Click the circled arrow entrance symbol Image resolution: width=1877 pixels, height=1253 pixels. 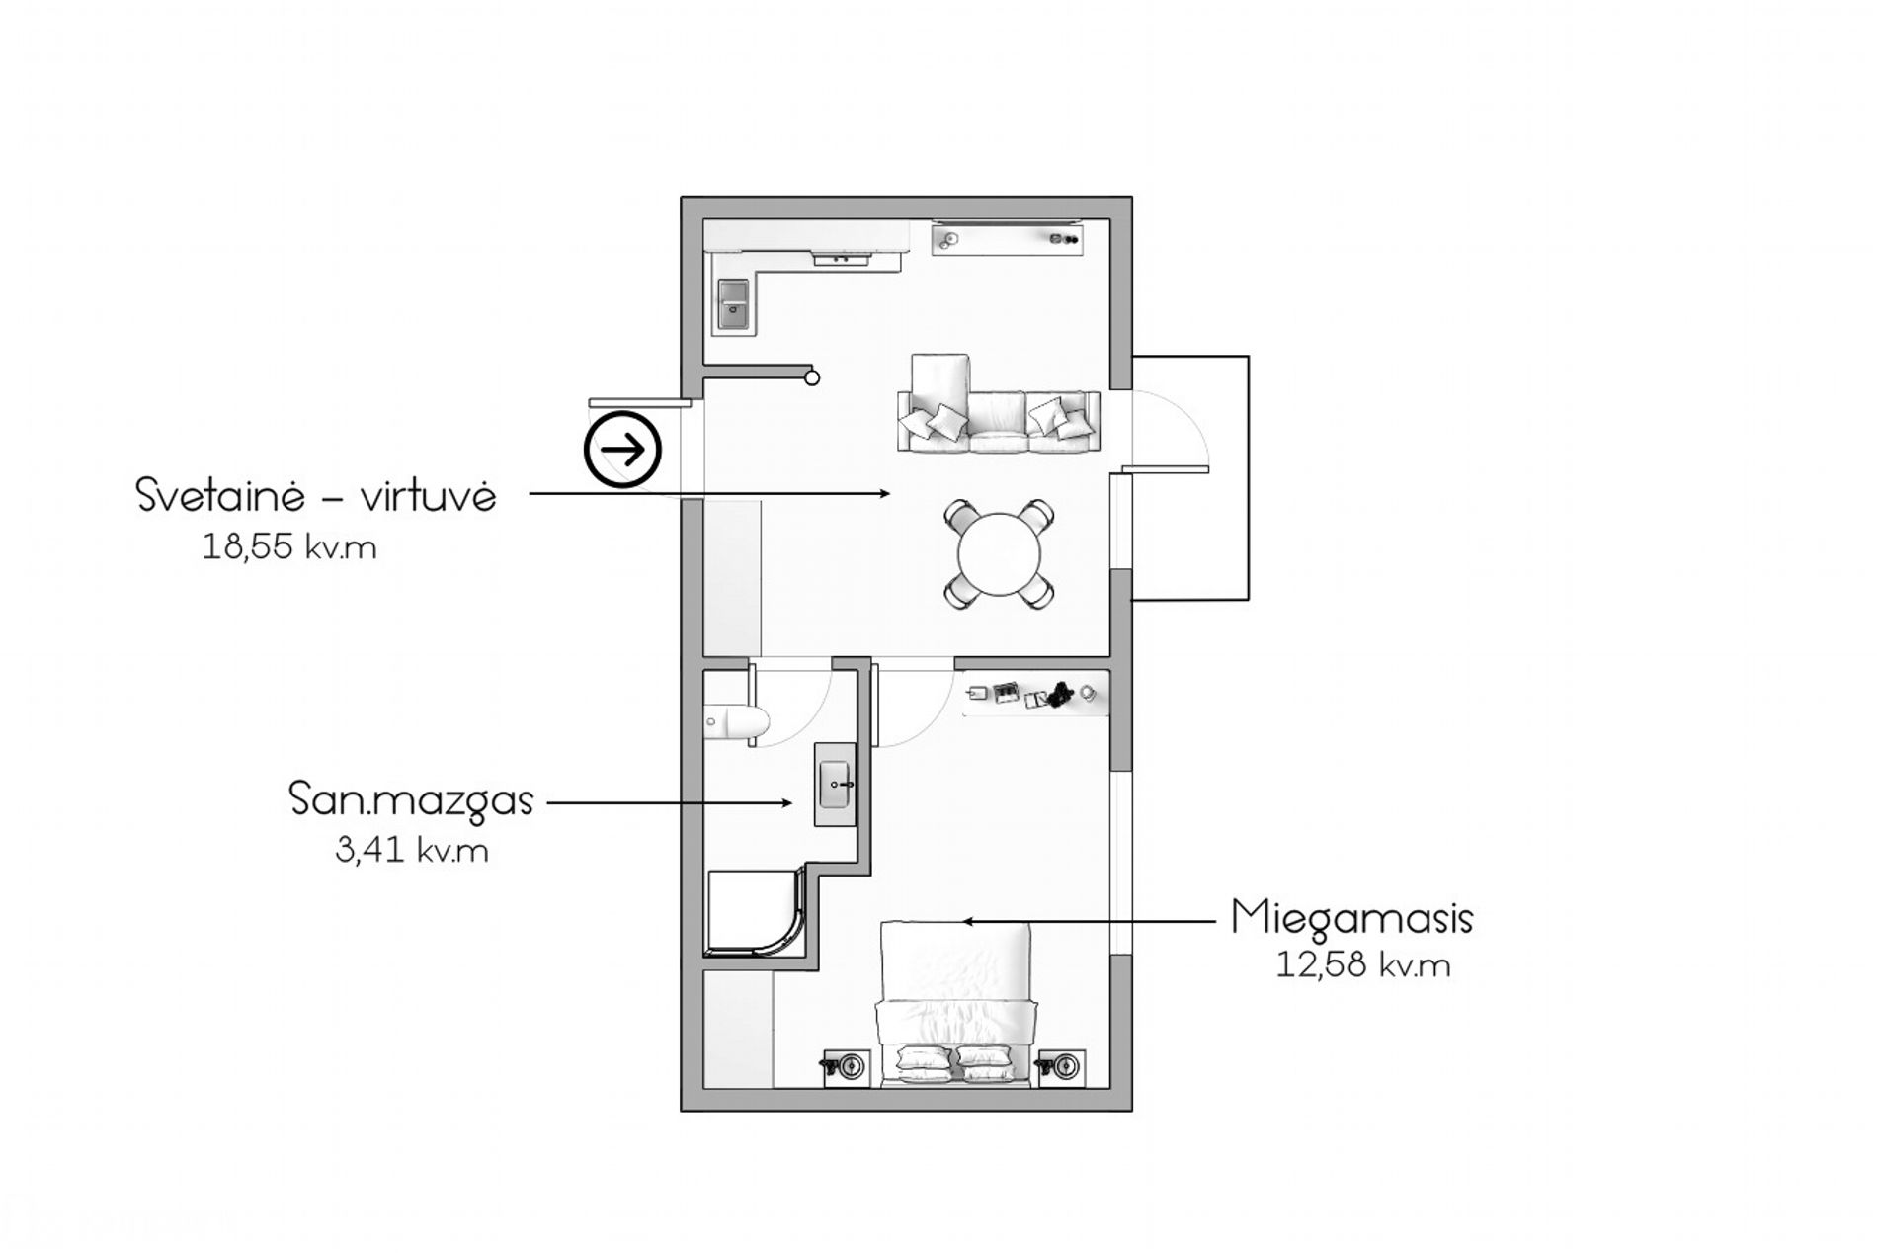click(x=622, y=450)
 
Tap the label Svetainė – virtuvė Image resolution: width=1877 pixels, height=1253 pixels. click(x=316, y=496)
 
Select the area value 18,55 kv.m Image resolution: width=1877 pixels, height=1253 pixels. click(x=289, y=547)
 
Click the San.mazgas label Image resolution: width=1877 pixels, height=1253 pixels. click(x=411, y=800)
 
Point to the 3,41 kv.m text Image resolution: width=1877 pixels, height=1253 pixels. click(x=412, y=851)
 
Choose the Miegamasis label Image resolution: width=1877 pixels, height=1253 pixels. click(x=1352, y=919)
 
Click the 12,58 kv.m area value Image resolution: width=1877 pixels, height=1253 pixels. click(x=1363, y=965)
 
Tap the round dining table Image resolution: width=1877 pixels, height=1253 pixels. click(x=1000, y=554)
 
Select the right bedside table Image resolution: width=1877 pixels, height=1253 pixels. click(x=1062, y=1067)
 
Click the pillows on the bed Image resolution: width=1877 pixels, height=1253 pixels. click(x=954, y=1064)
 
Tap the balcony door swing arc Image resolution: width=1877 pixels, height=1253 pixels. click(x=1182, y=414)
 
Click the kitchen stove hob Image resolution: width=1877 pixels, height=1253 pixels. click(x=841, y=259)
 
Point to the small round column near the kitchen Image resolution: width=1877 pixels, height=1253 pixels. click(x=812, y=377)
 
